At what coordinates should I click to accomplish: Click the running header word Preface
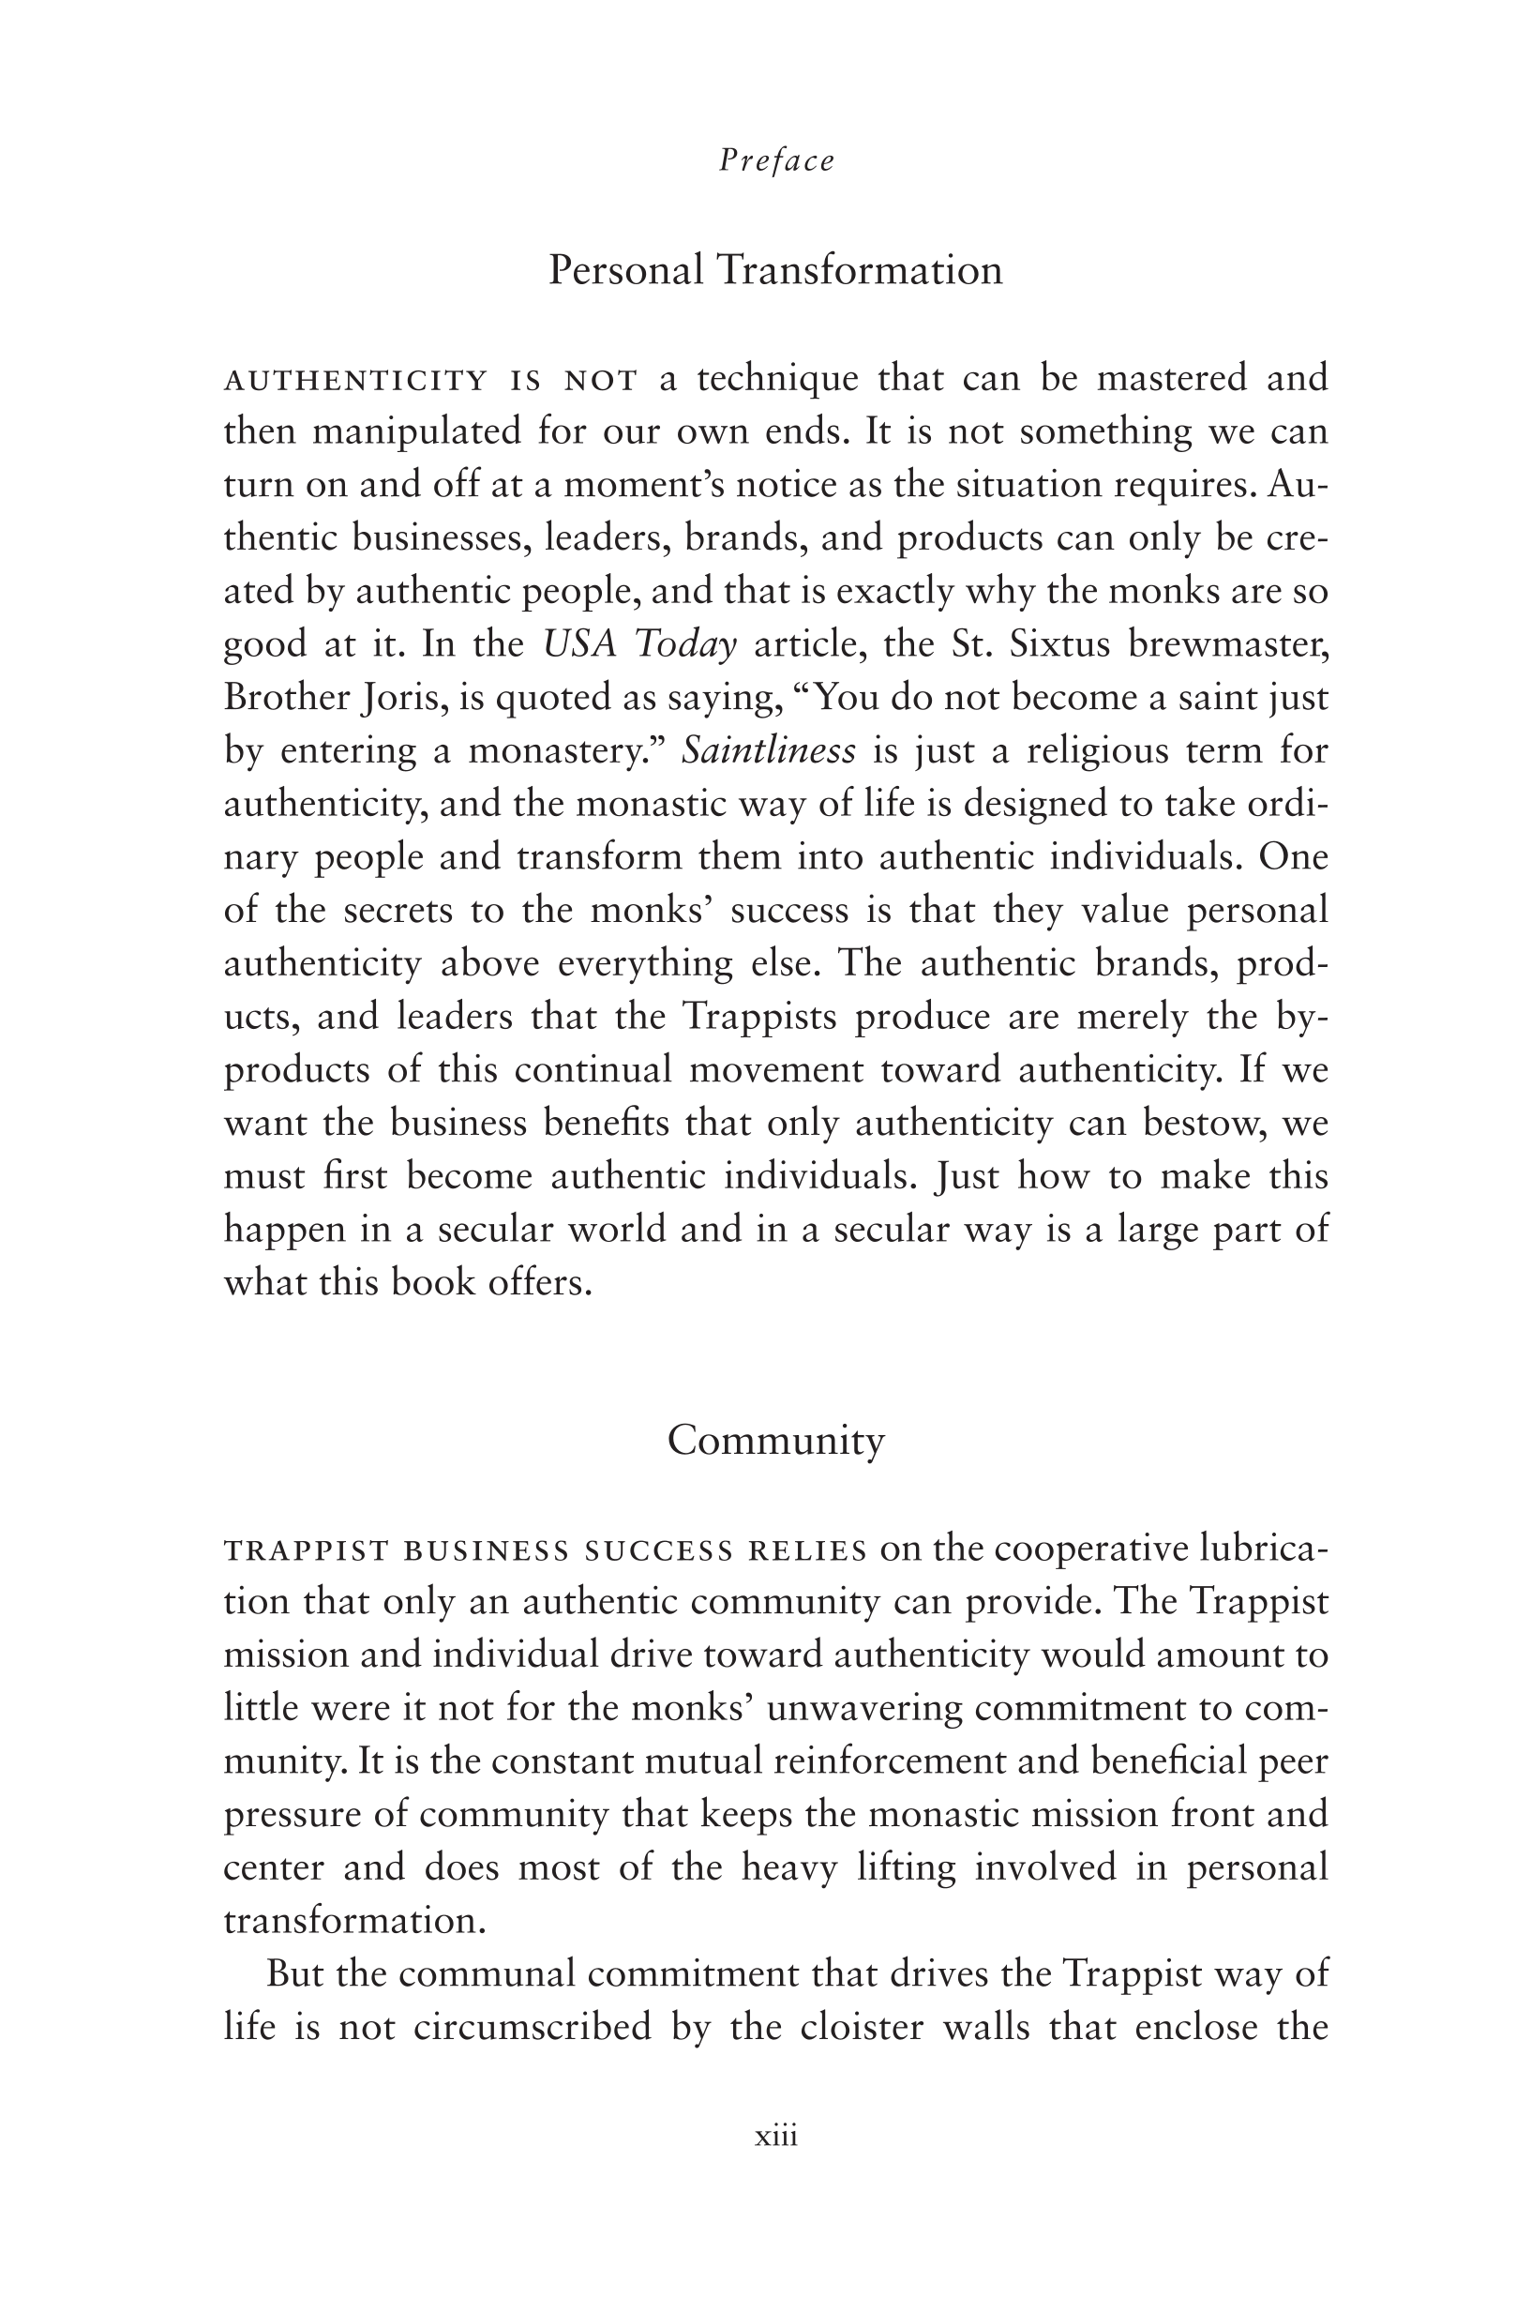coord(776,161)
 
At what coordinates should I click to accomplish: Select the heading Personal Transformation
coord(775,269)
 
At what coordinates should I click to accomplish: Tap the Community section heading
coord(775,1441)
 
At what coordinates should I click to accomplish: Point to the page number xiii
coord(776,2136)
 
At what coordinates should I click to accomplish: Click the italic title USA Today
coord(639,644)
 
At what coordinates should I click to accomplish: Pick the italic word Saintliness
coord(769,751)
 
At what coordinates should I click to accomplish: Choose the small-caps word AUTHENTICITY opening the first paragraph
coord(355,380)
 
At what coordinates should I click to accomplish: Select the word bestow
coord(1199,1123)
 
